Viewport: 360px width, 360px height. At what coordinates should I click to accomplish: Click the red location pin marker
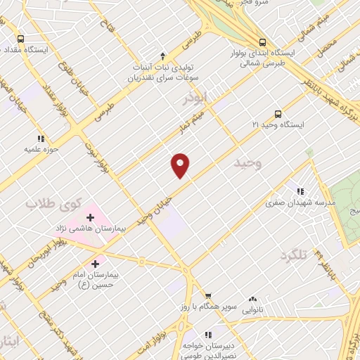181,165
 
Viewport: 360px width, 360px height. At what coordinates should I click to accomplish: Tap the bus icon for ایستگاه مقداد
20,39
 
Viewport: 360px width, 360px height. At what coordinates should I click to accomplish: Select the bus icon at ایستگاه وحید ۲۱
278,112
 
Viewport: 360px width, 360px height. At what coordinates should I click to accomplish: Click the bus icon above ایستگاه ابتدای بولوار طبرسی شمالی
262,42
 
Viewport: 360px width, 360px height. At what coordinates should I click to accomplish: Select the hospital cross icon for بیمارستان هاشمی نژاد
90,217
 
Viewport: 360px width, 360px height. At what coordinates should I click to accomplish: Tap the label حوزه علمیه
40,149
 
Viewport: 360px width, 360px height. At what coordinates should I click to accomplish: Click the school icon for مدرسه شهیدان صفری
301,191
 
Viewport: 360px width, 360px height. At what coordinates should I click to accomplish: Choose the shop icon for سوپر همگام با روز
207,295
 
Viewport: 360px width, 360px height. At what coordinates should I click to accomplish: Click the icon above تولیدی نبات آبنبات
163,55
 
